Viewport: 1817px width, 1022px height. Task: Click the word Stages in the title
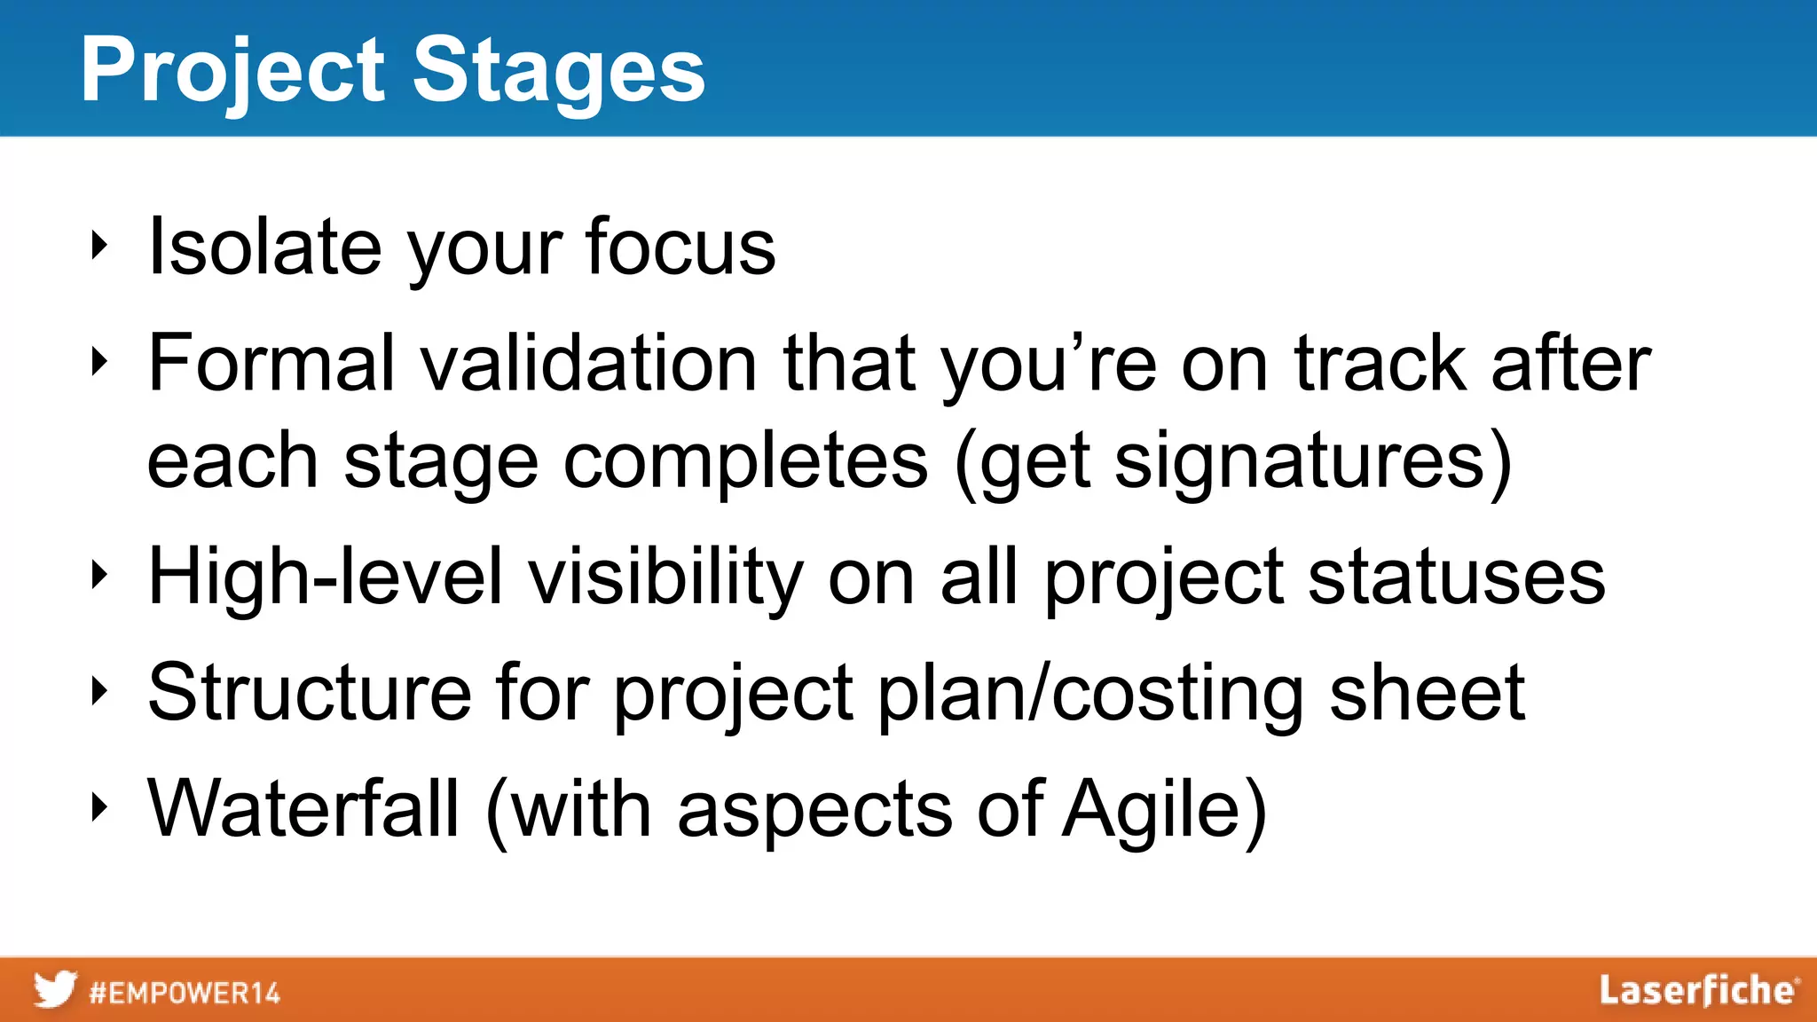[559, 71]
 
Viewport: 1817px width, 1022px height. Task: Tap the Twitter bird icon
[55, 989]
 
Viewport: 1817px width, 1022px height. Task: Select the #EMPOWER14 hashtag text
[185, 992]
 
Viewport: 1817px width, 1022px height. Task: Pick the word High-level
[326, 577]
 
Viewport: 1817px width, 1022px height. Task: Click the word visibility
[665, 577]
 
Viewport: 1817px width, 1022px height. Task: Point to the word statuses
[1456, 577]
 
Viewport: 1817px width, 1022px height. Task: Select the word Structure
[310, 692]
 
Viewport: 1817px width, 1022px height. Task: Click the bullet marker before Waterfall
[99, 807]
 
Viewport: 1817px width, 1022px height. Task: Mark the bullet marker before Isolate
[99, 246]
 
